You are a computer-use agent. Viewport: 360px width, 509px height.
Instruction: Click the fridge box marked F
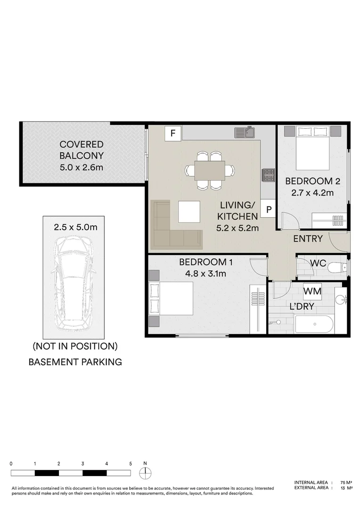[172, 133]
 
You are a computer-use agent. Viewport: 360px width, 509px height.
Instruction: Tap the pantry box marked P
[268, 209]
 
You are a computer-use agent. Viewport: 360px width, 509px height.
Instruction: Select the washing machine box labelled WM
[312, 291]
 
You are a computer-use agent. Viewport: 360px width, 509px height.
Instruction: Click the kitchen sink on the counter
[245, 132]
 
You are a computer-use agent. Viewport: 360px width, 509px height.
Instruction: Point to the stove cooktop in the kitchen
[269, 175]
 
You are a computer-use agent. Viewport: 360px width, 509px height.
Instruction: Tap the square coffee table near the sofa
[189, 212]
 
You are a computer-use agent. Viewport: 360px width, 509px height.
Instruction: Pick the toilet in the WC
[337, 268]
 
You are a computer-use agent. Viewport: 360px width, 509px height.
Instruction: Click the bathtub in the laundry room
[314, 324]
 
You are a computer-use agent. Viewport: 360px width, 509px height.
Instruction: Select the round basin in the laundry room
[340, 299]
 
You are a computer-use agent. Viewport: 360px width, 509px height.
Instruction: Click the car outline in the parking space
[74, 283]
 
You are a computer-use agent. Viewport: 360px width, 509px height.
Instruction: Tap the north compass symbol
[145, 473]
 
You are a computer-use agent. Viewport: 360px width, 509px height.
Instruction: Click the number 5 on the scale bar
[131, 464]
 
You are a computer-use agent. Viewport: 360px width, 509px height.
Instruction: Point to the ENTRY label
[308, 239]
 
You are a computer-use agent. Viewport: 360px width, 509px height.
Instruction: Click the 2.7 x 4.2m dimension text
[312, 193]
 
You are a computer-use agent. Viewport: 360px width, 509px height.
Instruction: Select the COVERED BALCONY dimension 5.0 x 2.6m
[81, 167]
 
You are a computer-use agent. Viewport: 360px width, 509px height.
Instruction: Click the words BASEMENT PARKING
[75, 362]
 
